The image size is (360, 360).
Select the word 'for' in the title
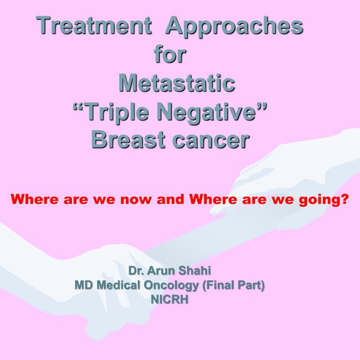pos(169,55)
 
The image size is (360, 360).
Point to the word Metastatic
pos(176,83)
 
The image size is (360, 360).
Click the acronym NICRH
pos(169,300)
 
